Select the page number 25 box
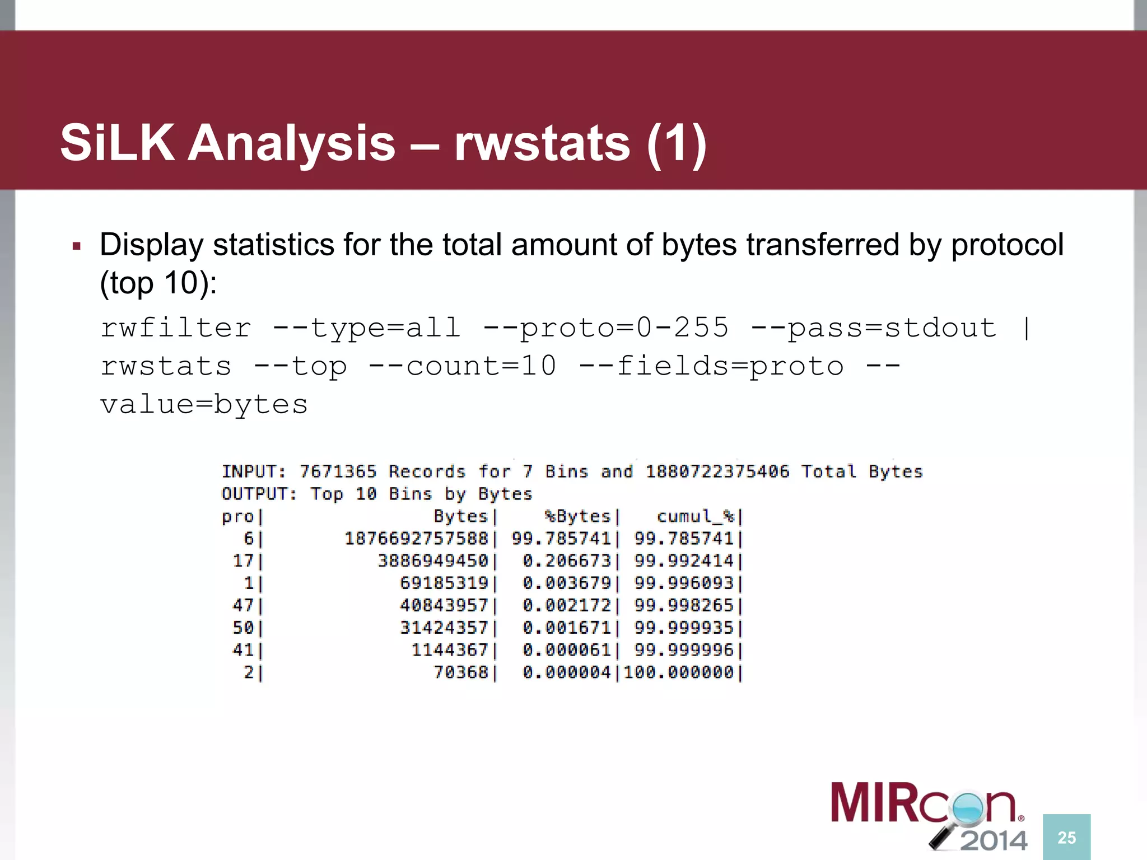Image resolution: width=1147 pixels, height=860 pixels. pos(1066,837)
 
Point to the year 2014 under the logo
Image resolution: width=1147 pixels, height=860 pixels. pos(994,840)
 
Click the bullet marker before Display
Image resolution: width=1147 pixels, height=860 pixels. pos(77,246)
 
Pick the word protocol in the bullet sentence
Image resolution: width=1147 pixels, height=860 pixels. pos(1007,245)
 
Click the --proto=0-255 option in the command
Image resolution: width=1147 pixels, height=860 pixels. pos(605,328)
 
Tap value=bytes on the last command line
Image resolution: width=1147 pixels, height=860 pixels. pos(204,404)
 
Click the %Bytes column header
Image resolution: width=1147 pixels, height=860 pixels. pos(577,516)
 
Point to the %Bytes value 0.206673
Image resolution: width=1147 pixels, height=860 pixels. pos(566,560)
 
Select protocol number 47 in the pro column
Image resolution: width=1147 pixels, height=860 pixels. pos(243,605)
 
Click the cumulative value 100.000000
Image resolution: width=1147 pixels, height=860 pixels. pos(678,672)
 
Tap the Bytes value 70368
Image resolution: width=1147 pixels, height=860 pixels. pos(461,672)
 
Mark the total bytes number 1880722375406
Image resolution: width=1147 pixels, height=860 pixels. pos(717,471)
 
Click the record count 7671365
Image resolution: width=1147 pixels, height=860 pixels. pos(338,471)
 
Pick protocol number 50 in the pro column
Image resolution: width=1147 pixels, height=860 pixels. pos(243,628)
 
